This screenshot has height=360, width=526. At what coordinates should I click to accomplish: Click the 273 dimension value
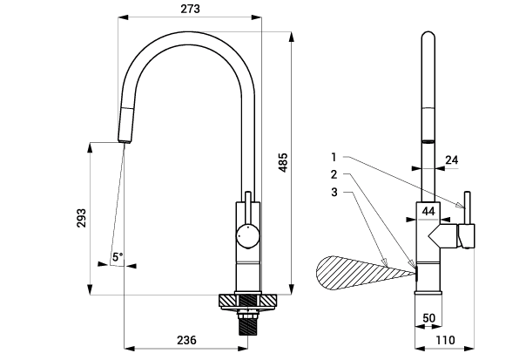coord(191,9)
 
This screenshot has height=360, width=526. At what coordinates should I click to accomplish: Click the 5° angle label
coord(118,256)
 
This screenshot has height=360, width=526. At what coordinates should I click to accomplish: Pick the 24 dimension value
coord(450,160)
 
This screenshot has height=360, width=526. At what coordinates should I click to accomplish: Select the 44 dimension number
coord(428,211)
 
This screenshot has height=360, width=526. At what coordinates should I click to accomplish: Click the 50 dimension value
coord(428,318)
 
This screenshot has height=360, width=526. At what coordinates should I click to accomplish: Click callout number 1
coord(334,157)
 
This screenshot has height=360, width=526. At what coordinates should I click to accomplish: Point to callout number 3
coord(334,191)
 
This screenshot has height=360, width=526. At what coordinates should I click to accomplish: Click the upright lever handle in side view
coord(466,209)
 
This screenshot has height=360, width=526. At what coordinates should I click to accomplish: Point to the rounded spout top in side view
coord(428,38)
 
